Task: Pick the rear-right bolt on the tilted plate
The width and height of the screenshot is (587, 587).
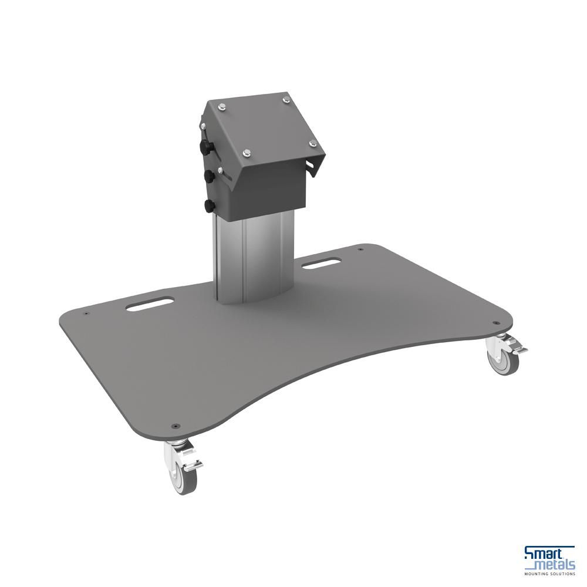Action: point(287,100)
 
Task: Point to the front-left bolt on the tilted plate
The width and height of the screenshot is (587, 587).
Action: point(247,154)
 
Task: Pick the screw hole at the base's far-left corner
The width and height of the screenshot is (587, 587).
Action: point(86,314)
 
